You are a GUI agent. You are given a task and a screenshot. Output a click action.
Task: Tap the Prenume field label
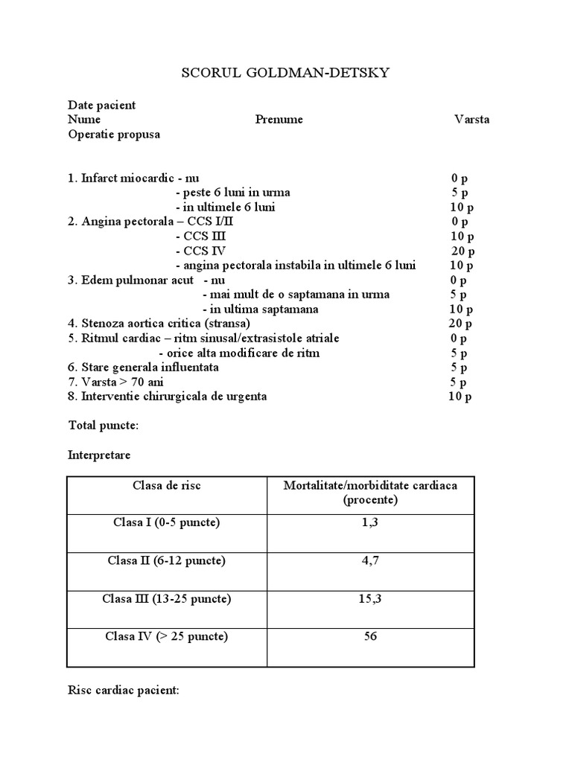[279, 120]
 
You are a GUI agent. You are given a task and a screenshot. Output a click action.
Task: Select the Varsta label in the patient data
[471, 120]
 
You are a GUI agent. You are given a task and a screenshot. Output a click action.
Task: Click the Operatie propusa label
[113, 135]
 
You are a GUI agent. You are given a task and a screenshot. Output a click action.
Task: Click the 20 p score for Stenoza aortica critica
[460, 324]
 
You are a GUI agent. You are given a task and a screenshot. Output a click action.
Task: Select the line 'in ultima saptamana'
[261, 309]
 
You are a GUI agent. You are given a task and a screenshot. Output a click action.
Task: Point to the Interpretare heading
[98, 455]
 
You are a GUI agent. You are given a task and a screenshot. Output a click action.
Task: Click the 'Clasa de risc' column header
[167, 486]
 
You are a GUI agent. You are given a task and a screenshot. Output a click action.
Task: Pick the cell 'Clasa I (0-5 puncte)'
[167, 522]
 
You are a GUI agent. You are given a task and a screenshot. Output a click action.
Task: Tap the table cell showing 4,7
[370, 561]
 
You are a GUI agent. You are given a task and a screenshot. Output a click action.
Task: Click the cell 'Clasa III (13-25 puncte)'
[167, 599]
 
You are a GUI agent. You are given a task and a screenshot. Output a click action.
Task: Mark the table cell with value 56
[370, 637]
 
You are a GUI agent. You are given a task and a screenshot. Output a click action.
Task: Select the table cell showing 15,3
[370, 599]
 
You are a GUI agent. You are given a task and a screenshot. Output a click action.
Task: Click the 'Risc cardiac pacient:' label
[123, 691]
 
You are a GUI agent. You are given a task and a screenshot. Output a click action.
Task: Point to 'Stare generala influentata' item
[143, 368]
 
